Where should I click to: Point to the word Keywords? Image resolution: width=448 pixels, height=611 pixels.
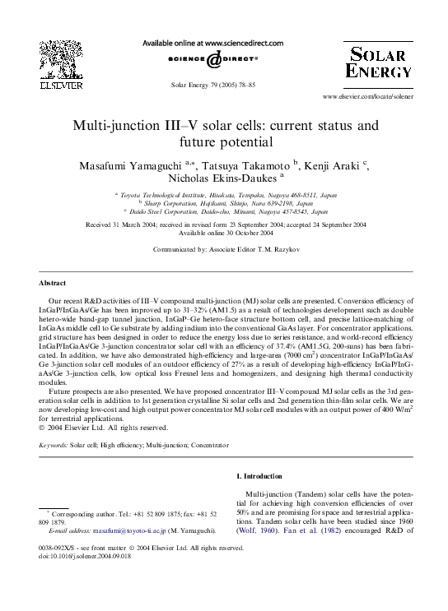point(54,443)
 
